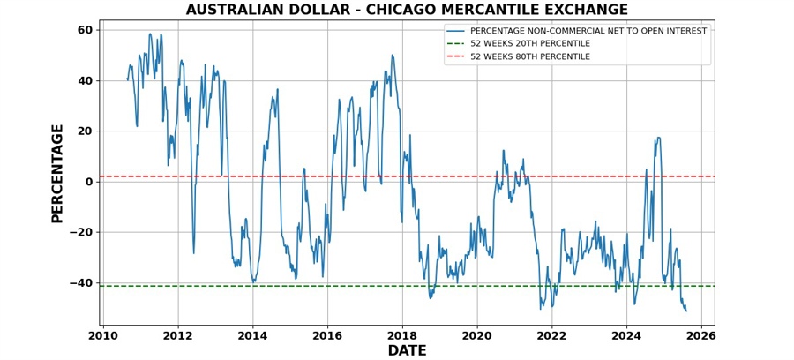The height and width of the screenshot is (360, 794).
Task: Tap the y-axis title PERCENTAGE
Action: coord(57,173)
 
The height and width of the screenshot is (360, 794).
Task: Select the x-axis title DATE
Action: coord(407,350)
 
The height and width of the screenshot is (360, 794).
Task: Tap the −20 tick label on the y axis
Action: coord(83,232)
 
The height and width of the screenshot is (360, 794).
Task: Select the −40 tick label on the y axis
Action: coord(83,283)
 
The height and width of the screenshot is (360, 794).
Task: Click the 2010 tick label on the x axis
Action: coord(103,336)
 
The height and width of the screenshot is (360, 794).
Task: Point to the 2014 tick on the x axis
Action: coord(252,336)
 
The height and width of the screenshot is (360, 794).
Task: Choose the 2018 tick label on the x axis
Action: coord(402,336)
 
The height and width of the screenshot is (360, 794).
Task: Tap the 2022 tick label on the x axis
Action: coord(551,336)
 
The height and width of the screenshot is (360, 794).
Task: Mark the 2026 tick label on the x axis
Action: coord(701,336)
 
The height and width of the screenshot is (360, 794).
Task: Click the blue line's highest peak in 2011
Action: coord(150,34)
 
